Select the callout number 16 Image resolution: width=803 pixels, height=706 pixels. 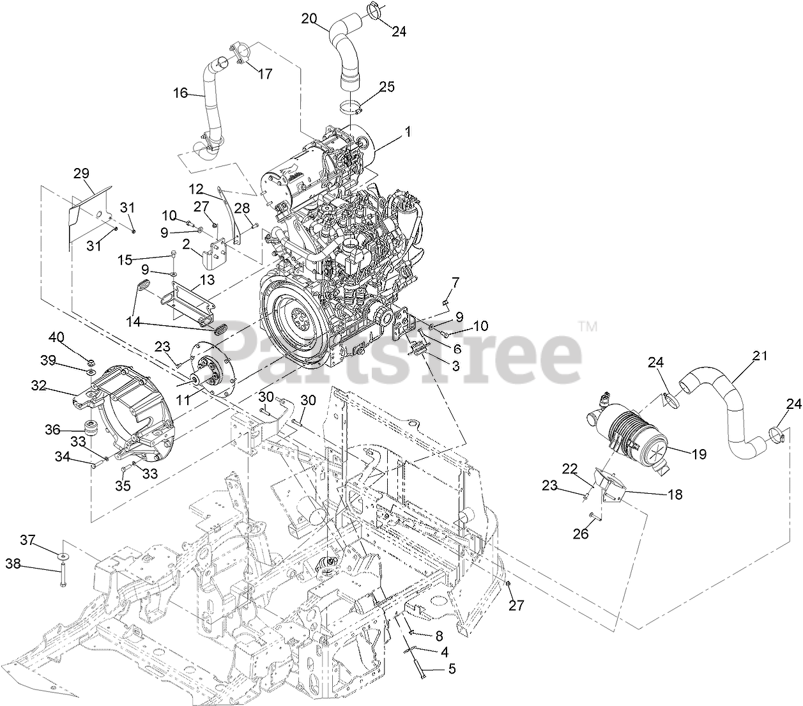(x=180, y=93)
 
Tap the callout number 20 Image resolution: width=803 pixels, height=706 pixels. (x=309, y=19)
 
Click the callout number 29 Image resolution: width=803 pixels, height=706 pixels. (x=82, y=173)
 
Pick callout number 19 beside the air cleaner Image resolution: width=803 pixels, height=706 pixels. (x=699, y=454)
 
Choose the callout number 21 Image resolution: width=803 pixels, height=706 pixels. (x=760, y=357)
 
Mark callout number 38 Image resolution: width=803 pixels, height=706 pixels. (x=13, y=564)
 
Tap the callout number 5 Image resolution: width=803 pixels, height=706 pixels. (x=452, y=670)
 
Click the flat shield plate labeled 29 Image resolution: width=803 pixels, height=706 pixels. (x=89, y=211)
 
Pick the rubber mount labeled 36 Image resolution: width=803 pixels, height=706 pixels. (x=91, y=429)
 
